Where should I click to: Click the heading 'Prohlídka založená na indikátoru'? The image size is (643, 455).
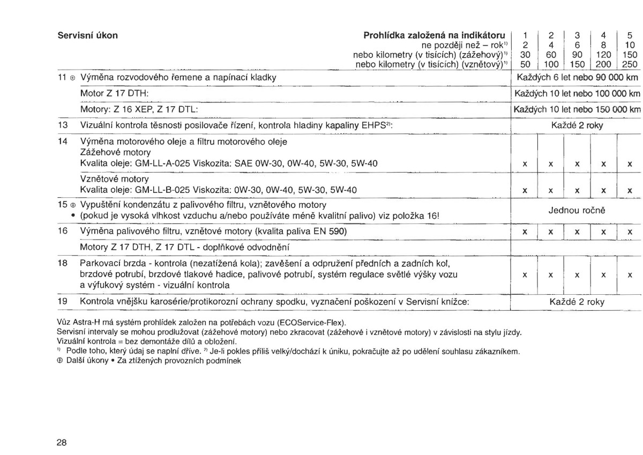coord(435,36)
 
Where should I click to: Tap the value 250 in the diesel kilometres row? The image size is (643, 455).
coord(630,64)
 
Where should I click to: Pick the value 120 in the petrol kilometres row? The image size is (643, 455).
coord(603,55)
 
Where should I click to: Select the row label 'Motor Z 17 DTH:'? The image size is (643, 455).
coord(114,94)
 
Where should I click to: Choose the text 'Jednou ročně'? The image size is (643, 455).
coord(577,211)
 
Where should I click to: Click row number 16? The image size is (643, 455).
coord(64,232)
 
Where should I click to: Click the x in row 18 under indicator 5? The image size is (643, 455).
coord(630,275)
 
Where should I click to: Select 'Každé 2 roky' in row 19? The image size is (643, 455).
coord(577,302)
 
